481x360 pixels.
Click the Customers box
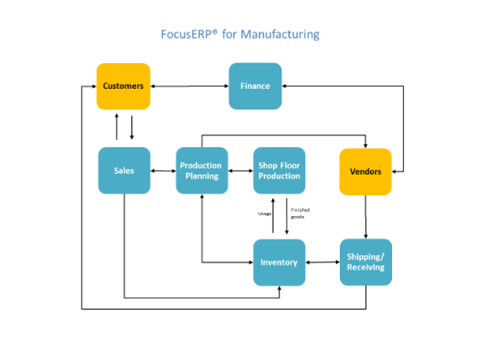(123, 86)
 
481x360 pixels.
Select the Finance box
(255, 86)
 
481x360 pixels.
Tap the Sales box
(124, 171)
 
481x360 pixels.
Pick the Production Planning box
(202, 171)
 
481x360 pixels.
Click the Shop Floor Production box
(279, 171)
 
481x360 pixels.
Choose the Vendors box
(365, 172)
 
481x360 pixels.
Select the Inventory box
(279, 263)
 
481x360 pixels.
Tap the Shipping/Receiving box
(366, 262)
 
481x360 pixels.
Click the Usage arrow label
(265, 214)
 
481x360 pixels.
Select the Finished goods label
(300, 214)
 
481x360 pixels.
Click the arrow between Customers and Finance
(189, 86)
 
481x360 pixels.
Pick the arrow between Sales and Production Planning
(164, 171)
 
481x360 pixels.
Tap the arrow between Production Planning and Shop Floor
(240, 171)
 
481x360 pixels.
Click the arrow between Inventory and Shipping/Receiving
(323, 262)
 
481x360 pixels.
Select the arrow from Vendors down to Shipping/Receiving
(366, 217)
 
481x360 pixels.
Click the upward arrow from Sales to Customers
(117, 126)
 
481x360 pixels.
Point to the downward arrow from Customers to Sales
(132, 127)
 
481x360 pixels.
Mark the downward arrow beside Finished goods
(287, 216)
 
